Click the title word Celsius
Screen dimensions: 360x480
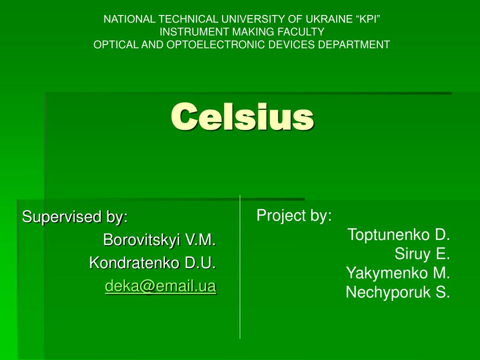tap(242, 117)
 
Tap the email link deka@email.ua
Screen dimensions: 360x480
tap(160, 285)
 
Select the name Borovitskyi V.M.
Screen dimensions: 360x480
tap(159, 240)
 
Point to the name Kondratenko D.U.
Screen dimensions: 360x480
tap(152, 263)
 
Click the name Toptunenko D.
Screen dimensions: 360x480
tap(398, 234)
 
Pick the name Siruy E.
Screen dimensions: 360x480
tap(422, 254)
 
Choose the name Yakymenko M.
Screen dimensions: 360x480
tap(398, 273)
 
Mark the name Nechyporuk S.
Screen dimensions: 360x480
tap(397, 292)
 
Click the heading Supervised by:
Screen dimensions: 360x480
tap(75, 217)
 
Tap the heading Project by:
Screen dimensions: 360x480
tap(294, 216)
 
